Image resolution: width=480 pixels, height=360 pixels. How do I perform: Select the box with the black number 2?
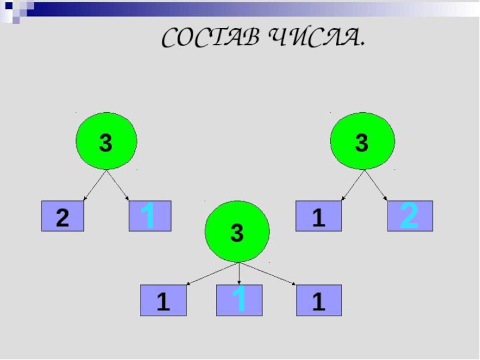[x=62, y=217]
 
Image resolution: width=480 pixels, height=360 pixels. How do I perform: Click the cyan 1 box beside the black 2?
[x=151, y=216]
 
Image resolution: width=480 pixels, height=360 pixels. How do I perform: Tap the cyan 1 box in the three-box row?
[x=239, y=300]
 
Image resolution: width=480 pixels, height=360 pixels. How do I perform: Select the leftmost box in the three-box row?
[x=163, y=301]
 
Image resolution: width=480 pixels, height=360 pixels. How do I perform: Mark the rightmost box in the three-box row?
[x=319, y=301]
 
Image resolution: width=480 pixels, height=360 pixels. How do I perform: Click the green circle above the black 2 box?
[x=106, y=142]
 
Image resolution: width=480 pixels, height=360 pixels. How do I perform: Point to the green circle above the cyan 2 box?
[x=362, y=142]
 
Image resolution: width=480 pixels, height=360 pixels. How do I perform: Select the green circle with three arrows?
[x=237, y=231]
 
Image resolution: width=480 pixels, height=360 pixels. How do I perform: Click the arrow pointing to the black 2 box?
[x=95, y=185]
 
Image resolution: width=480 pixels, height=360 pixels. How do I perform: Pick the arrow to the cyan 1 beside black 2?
[x=119, y=185]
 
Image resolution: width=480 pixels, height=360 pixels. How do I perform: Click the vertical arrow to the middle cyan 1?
[x=239, y=274]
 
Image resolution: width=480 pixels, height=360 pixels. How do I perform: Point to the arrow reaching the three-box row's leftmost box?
[x=210, y=273]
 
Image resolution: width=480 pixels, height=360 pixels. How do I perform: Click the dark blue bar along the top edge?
[x=240, y=8]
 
